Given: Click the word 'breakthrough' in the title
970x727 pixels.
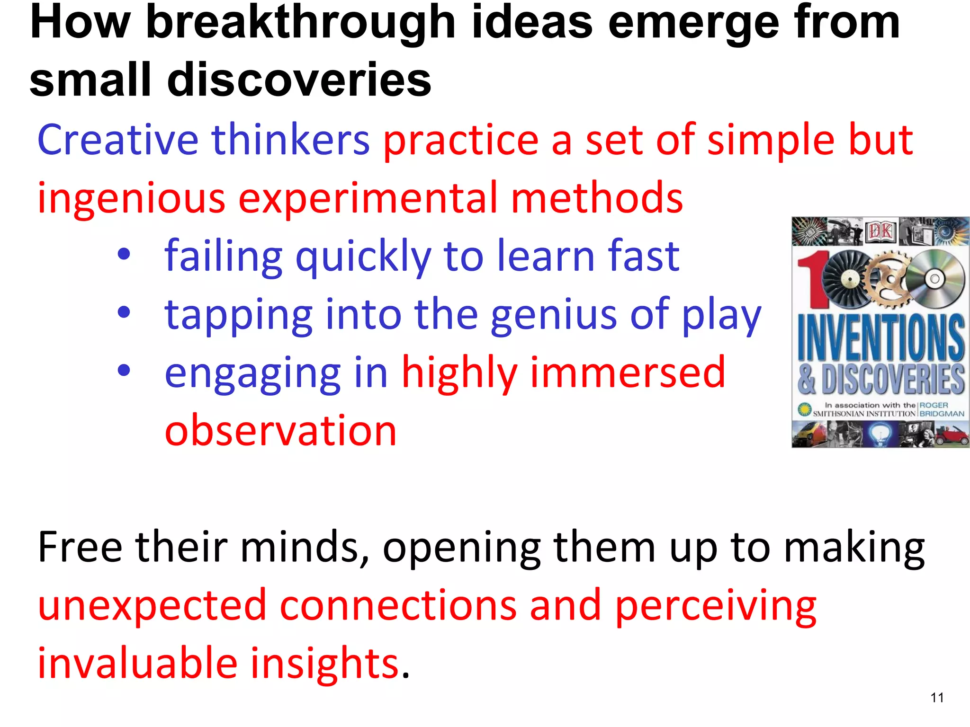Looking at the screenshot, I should (x=300, y=23).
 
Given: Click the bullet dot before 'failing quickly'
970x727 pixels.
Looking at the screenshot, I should (x=124, y=255).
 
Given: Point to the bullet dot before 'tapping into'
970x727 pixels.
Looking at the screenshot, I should (x=124, y=312).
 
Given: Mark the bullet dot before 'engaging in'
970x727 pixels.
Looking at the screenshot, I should (x=124, y=371).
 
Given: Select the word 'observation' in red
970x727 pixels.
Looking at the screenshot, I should (x=280, y=430).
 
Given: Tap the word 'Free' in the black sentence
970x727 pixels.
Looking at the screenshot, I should (x=80, y=547).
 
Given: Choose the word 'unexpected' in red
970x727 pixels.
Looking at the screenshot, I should (x=152, y=605).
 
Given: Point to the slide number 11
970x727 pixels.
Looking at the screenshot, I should (x=937, y=698).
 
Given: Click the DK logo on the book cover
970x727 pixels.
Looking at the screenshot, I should (x=880, y=231).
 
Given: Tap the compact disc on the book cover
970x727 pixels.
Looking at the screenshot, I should (x=934, y=279).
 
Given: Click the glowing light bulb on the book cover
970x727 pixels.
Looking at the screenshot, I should (x=880, y=434).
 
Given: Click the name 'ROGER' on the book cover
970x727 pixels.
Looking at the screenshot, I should (x=934, y=405).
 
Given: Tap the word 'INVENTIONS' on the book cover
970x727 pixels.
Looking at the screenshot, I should (x=881, y=337).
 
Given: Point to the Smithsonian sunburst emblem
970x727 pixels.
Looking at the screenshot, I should (x=803, y=409).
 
